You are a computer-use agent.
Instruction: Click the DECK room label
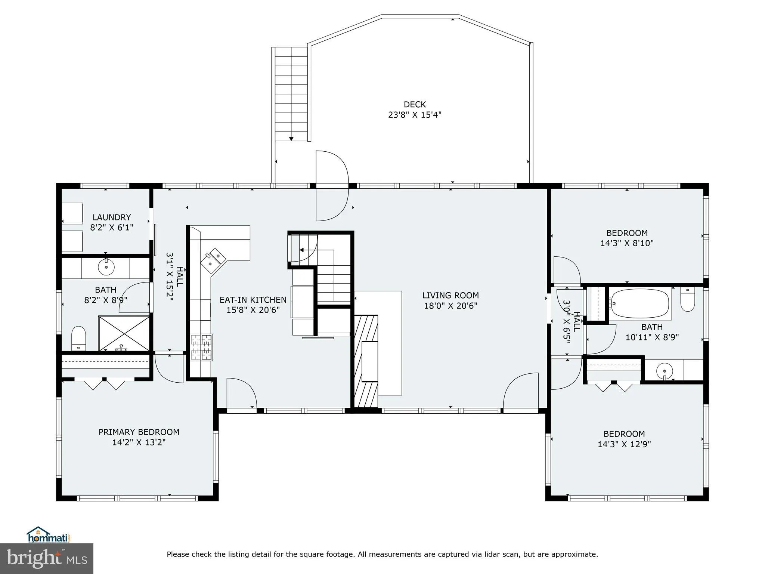[x=415, y=105]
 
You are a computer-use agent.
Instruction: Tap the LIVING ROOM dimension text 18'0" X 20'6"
[x=450, y=306]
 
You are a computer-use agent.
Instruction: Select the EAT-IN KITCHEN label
[x=253, y=300]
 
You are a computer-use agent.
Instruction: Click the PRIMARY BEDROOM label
[x=139, y=432]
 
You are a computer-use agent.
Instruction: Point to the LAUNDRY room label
[x=112, y=217]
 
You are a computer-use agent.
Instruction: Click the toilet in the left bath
[x=78, y=338]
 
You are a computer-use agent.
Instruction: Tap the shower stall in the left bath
[x=124, y=333]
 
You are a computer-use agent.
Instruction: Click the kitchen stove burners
[x=201, y=348]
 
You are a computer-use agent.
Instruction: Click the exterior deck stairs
[x=291, y=93]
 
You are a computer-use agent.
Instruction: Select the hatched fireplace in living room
[x=366, y=361]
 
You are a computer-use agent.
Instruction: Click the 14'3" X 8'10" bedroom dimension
[x=627, y=243]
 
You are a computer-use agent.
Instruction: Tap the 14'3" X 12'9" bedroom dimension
[x=624, y=444]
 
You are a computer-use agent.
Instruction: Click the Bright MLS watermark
[x=47, y=558]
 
